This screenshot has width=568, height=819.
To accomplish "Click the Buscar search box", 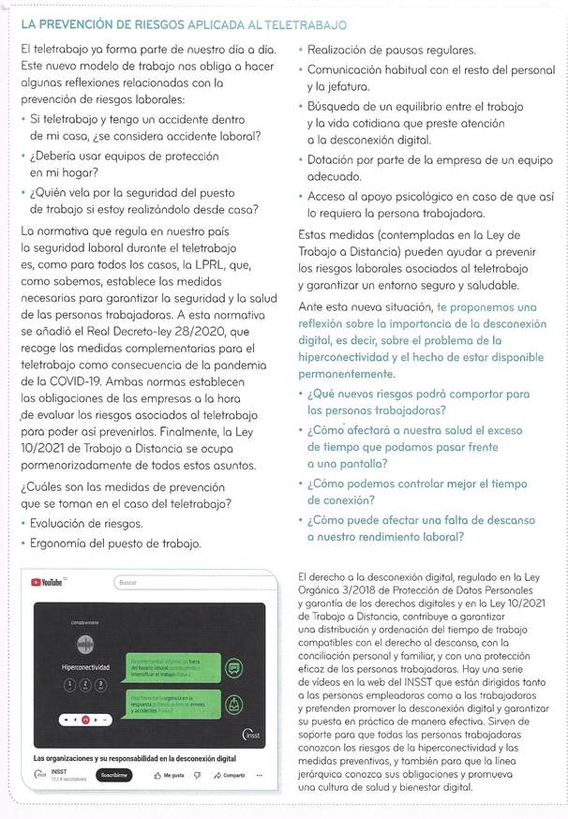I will coord(187,582).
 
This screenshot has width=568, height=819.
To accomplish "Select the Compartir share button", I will coord(229,775).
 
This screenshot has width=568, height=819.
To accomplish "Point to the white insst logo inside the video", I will coord(251,733).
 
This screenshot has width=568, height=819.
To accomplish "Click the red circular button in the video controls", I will coord(83,720).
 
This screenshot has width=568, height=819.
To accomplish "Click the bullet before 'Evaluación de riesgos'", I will coord(22,524).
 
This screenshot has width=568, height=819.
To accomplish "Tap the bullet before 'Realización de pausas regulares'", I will coord(299,49).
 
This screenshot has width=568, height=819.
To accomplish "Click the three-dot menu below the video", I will coord(260,775).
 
